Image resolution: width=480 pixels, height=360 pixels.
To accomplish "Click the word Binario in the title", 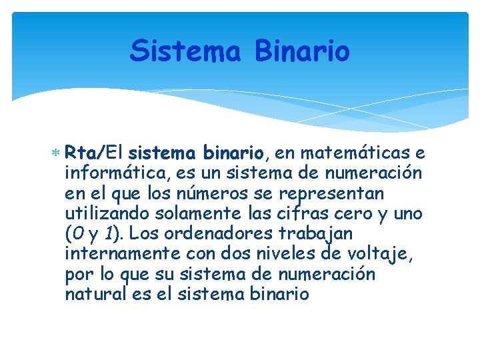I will click(302, 51).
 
